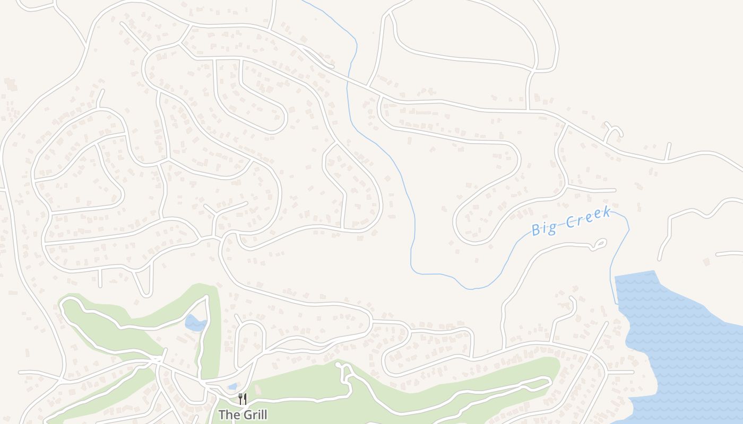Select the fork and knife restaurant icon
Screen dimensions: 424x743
(x=242, y=399)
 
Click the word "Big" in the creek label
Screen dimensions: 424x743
(x=544, y=228)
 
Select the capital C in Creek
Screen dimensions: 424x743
(x=569, y=222)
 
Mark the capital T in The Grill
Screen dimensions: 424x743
(x=222, y=414)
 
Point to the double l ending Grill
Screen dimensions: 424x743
(x=263, y=414)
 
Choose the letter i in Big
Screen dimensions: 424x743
(x=545, y=228)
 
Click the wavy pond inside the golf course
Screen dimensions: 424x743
(x=194, y=323)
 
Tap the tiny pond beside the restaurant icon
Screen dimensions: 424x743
(x=232, y=387)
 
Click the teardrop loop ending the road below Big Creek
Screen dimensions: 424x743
(x=600, y=244)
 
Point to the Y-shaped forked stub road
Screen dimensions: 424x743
(x=612, y=130)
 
